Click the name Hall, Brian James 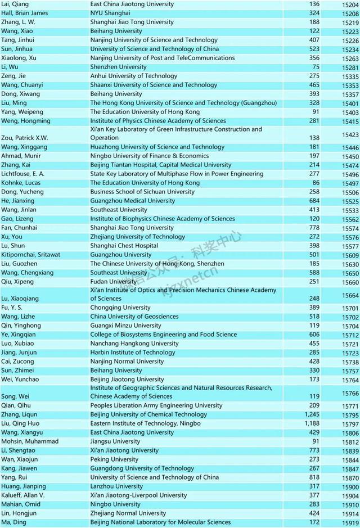(x=21, y=13)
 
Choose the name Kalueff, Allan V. (x=24, y=495)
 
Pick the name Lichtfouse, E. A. (x=23, y=174)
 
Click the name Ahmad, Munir (x=19, y=156)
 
